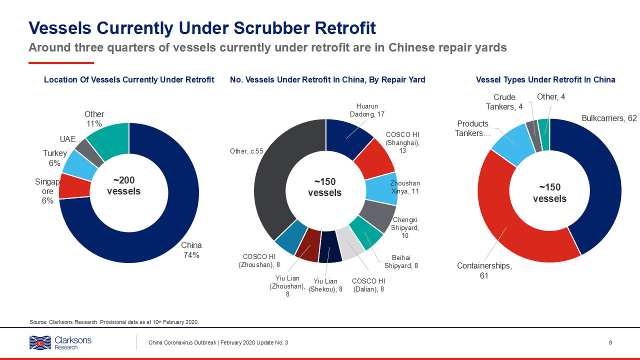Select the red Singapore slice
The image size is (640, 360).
click(x=75, y=186)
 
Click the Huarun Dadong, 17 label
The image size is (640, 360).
click(x=367, y=110)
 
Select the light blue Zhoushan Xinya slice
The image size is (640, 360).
click(x=381, y=188)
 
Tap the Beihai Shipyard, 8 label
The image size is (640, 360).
click(x=401, y=261)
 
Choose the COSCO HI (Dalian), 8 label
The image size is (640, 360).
click(x=368, y=285)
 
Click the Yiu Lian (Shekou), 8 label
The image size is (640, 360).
click(x=325, y=285)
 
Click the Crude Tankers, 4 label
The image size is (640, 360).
click(x=504, y=102)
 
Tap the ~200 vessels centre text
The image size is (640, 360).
click(x=123, y=185)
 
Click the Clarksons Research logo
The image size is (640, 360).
click(x=60, y=342)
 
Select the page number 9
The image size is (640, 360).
click(x=610, y=342)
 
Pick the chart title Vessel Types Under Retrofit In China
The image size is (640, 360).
click(x=545, y=79)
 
